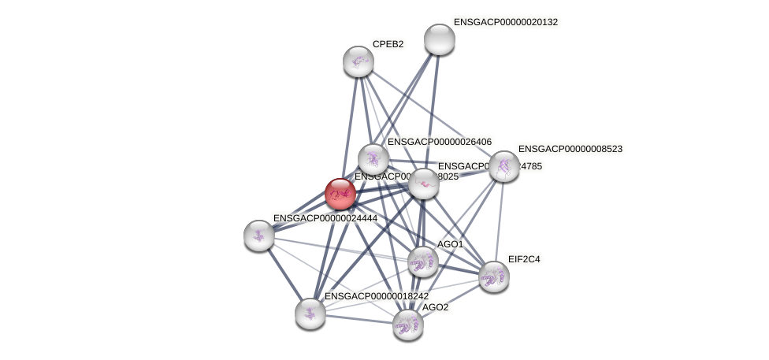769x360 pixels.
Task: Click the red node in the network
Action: click(x=340, y=194)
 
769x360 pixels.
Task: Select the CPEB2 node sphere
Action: click(x=358, y=61)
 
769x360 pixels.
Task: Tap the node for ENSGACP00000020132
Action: click(x=440, y=39)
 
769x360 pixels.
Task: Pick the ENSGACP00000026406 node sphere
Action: click(x=373, y=159)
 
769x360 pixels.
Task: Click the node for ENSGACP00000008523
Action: click(x=504, y=166)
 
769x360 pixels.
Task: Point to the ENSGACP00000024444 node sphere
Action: click(x=259, y=235)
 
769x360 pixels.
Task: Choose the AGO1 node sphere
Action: click(x=423, y=262)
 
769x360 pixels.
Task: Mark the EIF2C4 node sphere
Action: click(x=494, y=276)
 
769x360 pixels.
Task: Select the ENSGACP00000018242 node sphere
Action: click(x=310, y=313)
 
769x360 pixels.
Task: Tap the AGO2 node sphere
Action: click(x=408, y=324)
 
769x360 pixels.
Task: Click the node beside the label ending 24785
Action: click(x=424, y=184)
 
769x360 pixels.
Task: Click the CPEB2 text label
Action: click(x=388, y=44)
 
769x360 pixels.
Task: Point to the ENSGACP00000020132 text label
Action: click(x=505, y=22)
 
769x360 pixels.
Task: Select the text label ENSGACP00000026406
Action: click(x=439, y=142)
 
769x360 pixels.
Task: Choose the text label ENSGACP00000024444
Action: click(x=325, y=217)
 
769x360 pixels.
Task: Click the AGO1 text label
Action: click(x=450, y=244)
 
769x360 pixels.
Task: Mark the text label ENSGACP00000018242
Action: click(x=377, y=296)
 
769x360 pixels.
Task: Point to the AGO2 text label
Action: click(x=435, y=307)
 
